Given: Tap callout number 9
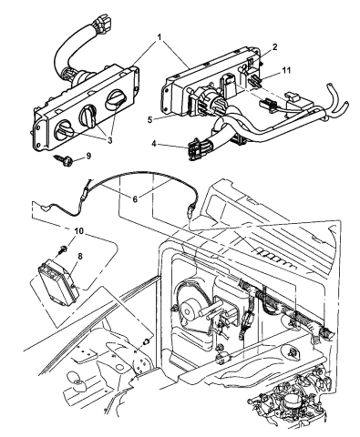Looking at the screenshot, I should pos(113,157).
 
